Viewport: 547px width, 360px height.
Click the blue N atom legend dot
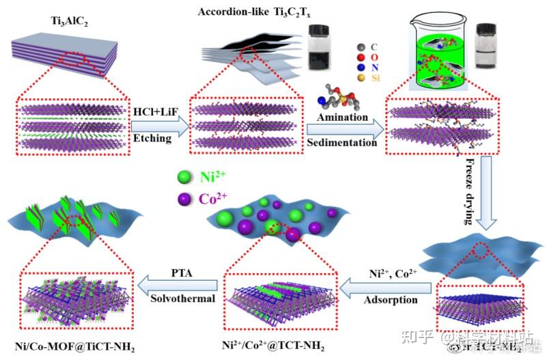click(361, 68)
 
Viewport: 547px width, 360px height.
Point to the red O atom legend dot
click(361, 57)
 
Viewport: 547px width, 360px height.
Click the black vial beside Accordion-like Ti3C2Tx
click(319, 40)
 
